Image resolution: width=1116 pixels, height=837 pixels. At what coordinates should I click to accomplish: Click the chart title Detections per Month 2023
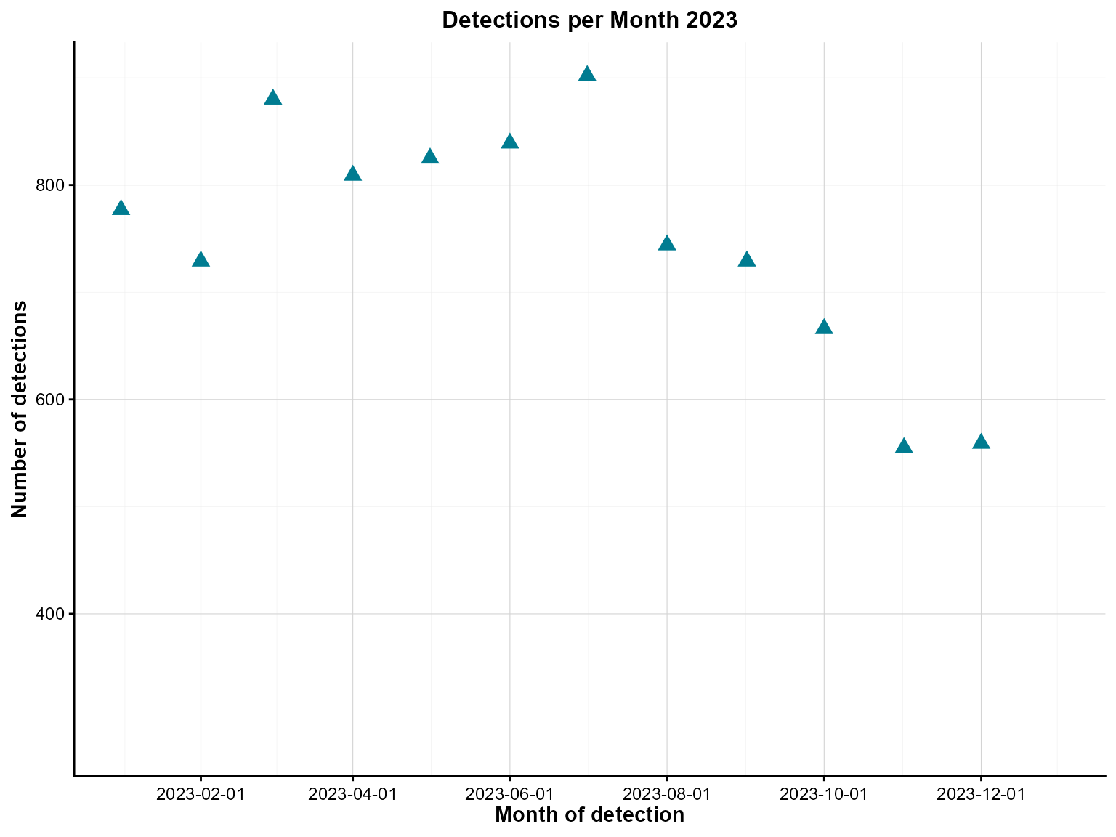pos(589,20)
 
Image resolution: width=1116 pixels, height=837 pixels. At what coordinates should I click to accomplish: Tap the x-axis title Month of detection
pos(589,815)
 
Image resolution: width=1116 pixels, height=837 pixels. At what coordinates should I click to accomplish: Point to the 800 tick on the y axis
pos(50,185)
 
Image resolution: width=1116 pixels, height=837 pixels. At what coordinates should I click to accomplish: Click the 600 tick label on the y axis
pos(50,400)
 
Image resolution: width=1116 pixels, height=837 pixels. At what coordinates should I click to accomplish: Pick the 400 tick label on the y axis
pos(50,614)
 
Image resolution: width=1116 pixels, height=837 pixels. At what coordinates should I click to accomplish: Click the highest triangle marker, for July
pos(587,74)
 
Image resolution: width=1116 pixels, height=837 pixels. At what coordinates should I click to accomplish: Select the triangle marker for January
pos(121,209)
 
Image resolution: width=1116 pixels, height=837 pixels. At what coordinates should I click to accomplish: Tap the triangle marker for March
pos(272,98)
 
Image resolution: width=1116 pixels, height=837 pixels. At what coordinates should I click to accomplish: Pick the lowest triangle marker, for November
pos(904,446)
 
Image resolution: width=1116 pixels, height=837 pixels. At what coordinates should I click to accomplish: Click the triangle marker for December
pos(981,442)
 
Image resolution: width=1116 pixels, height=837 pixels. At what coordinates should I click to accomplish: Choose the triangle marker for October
pos(823,327)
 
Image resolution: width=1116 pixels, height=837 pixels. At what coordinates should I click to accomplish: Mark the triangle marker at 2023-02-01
pos(201,260)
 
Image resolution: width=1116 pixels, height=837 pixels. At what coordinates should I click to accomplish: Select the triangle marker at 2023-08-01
pos(666,243)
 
